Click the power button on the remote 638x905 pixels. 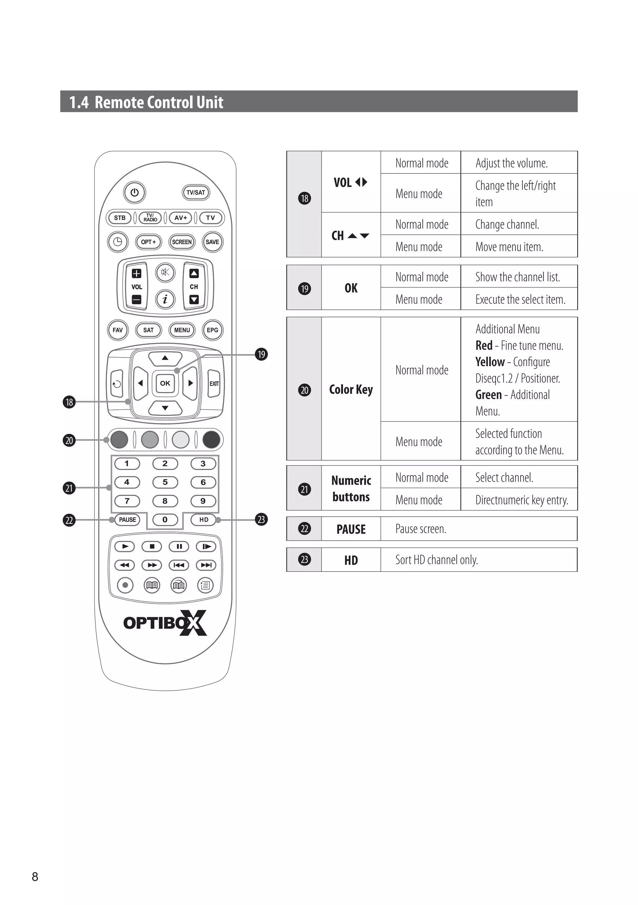[135, 192]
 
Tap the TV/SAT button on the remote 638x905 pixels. [196, 192]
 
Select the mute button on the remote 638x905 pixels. [165, 272]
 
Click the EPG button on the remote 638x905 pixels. [212, 330]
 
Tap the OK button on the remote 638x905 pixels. [165, 383]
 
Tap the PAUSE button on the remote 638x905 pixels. [127, 519]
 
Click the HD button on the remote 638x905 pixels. [203, 519]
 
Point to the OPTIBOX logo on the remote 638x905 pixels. [165, 623]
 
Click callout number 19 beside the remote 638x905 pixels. [261, 354]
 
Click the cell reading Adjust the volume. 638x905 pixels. [512, 163]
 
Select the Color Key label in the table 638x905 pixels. [351, 389]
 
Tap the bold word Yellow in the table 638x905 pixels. [490, 362]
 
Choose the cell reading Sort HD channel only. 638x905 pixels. [436, 560]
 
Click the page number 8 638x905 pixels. [35, 876]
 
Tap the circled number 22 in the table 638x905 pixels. [304, 528]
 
